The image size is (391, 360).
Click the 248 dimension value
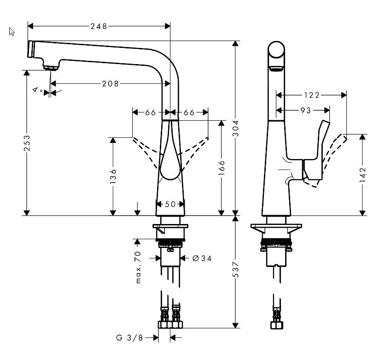[99, 26]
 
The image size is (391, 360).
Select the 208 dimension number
[111, 83]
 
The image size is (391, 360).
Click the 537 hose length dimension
[236, 272]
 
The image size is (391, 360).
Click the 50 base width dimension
[170, 204]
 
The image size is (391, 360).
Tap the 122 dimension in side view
[311, 95]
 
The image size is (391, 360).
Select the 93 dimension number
[305, 110]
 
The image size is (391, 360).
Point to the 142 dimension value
[363, 174]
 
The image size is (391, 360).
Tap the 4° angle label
[38, 89]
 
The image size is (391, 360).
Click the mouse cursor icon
[12, 31]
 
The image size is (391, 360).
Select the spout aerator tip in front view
[51, 67]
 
